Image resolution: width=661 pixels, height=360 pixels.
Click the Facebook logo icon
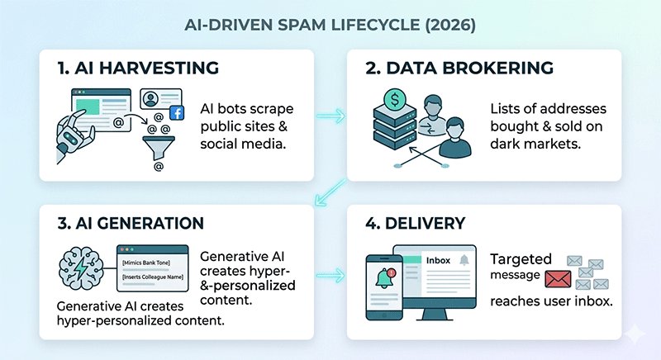[176, 113]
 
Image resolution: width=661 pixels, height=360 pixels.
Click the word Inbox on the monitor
[438, 261]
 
